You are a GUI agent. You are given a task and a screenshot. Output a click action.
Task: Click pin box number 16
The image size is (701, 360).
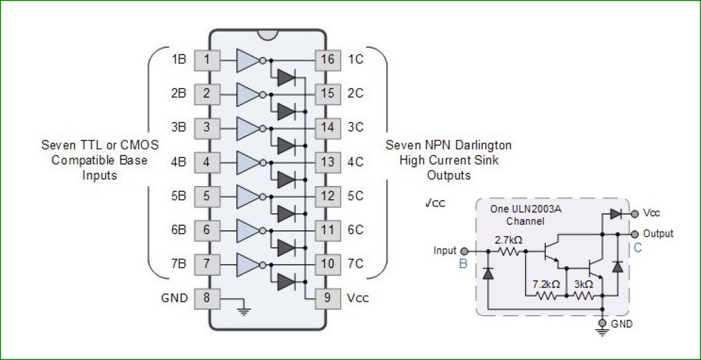[328, 60]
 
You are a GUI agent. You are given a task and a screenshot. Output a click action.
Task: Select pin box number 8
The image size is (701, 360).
[206, 298]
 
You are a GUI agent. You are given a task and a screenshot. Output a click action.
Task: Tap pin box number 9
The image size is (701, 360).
[328, 298]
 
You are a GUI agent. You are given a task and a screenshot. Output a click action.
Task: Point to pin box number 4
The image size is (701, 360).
[206, 162]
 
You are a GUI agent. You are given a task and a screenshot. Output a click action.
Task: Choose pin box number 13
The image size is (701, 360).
[328, 162]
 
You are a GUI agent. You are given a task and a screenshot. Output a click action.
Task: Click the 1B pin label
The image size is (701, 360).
[178, 60]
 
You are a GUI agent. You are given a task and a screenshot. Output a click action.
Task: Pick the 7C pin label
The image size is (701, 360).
[355, 264]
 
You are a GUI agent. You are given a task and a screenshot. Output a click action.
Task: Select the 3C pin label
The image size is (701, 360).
[355, 127]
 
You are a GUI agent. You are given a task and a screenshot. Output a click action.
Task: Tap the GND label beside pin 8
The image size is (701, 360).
[174, 298]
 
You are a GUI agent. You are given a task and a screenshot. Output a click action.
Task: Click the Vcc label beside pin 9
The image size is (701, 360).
[358, 298]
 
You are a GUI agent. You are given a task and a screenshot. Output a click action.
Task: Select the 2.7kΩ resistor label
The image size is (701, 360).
[509, 239]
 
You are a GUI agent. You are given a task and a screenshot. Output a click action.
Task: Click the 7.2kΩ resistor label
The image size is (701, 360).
[546, 284]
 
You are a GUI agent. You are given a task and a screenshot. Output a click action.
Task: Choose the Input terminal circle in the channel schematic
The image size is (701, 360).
[463, 251]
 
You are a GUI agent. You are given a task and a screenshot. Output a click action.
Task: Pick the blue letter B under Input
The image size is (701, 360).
[463, 264]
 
